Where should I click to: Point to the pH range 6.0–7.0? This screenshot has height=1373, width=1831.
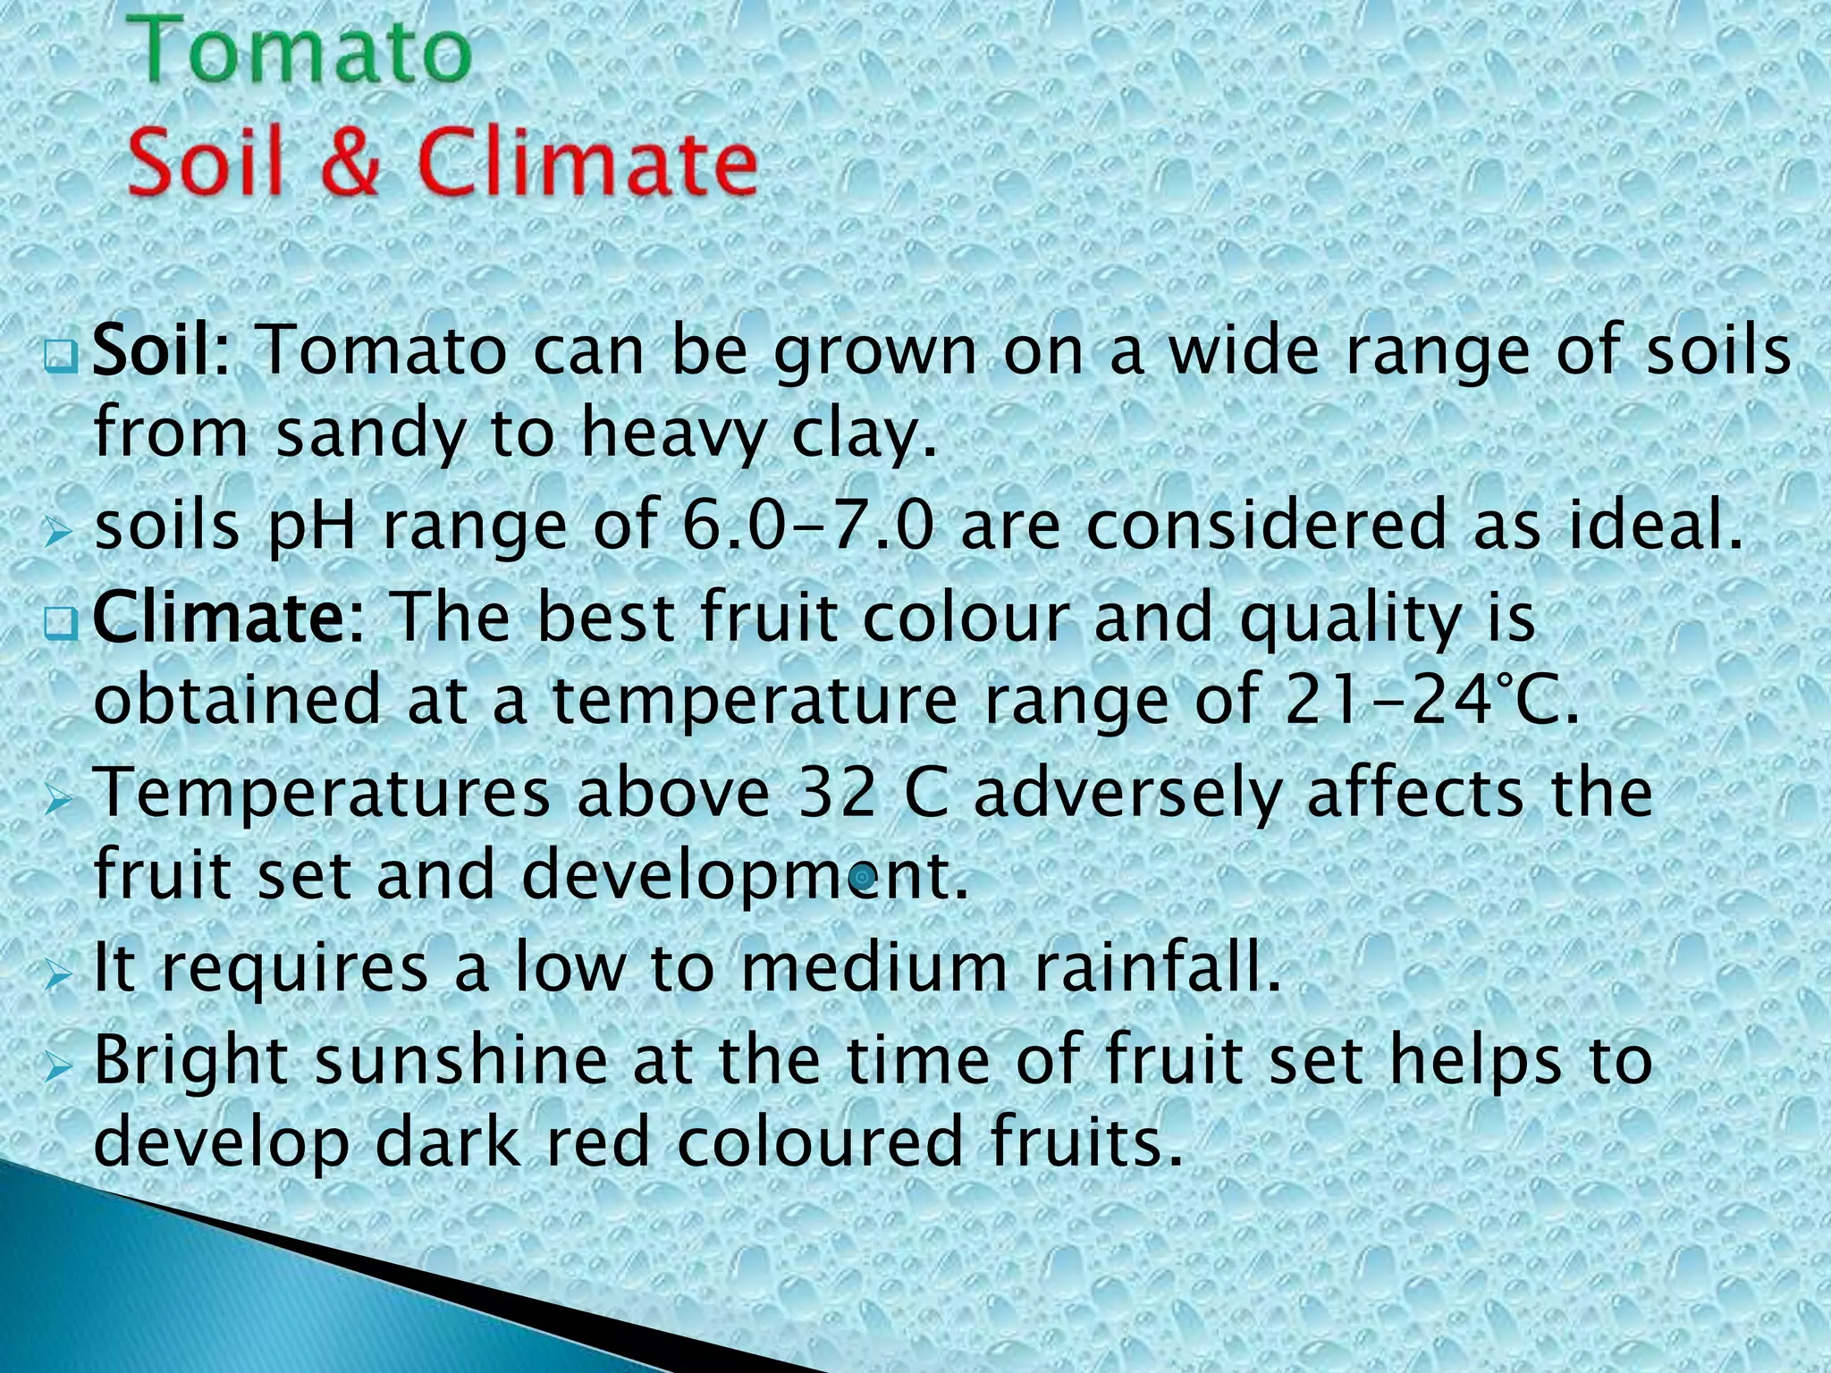pos(807,525)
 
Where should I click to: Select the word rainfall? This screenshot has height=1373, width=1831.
pos(1158,967)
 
